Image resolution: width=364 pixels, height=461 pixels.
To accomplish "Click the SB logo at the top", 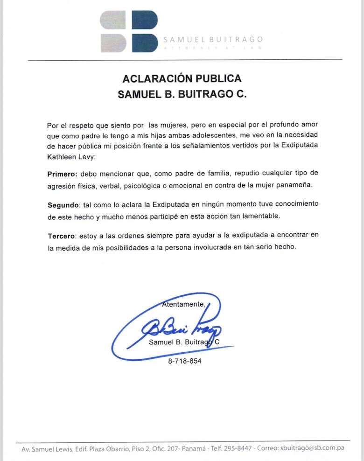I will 129,31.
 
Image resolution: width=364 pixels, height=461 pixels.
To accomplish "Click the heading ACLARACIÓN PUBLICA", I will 182,78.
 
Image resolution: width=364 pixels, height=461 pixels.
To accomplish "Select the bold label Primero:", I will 63,174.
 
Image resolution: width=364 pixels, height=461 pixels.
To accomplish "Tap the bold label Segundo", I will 62,205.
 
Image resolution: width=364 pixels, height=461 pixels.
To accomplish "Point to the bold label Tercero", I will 61,236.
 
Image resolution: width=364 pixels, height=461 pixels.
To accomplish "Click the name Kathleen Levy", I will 70,157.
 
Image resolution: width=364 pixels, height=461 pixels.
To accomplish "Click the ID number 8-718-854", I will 185,361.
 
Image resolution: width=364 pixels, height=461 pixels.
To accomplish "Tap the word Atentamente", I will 183,305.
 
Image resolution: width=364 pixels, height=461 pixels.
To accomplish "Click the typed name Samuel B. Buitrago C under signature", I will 184,342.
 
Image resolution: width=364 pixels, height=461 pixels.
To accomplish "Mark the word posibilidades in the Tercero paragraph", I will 122,247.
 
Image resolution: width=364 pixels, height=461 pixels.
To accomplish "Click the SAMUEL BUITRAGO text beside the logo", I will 213,39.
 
